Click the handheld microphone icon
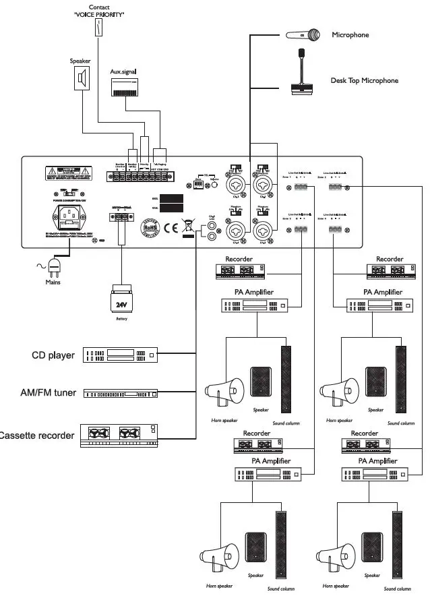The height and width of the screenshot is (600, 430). pyautogui.click(x=303, y=34)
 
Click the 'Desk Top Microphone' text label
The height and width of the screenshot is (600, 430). pyautogui.click(x=364, y=81)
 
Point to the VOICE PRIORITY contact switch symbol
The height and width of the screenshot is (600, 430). pyautogui.click(x=101, y=27)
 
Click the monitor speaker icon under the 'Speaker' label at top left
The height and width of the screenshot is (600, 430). pyautogui.click(x=82, y=78)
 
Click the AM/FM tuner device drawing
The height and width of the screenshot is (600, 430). pyautogui.click(x=119, y=393)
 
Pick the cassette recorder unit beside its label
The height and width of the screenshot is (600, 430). pyautogui.click(x=119, y=436)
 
